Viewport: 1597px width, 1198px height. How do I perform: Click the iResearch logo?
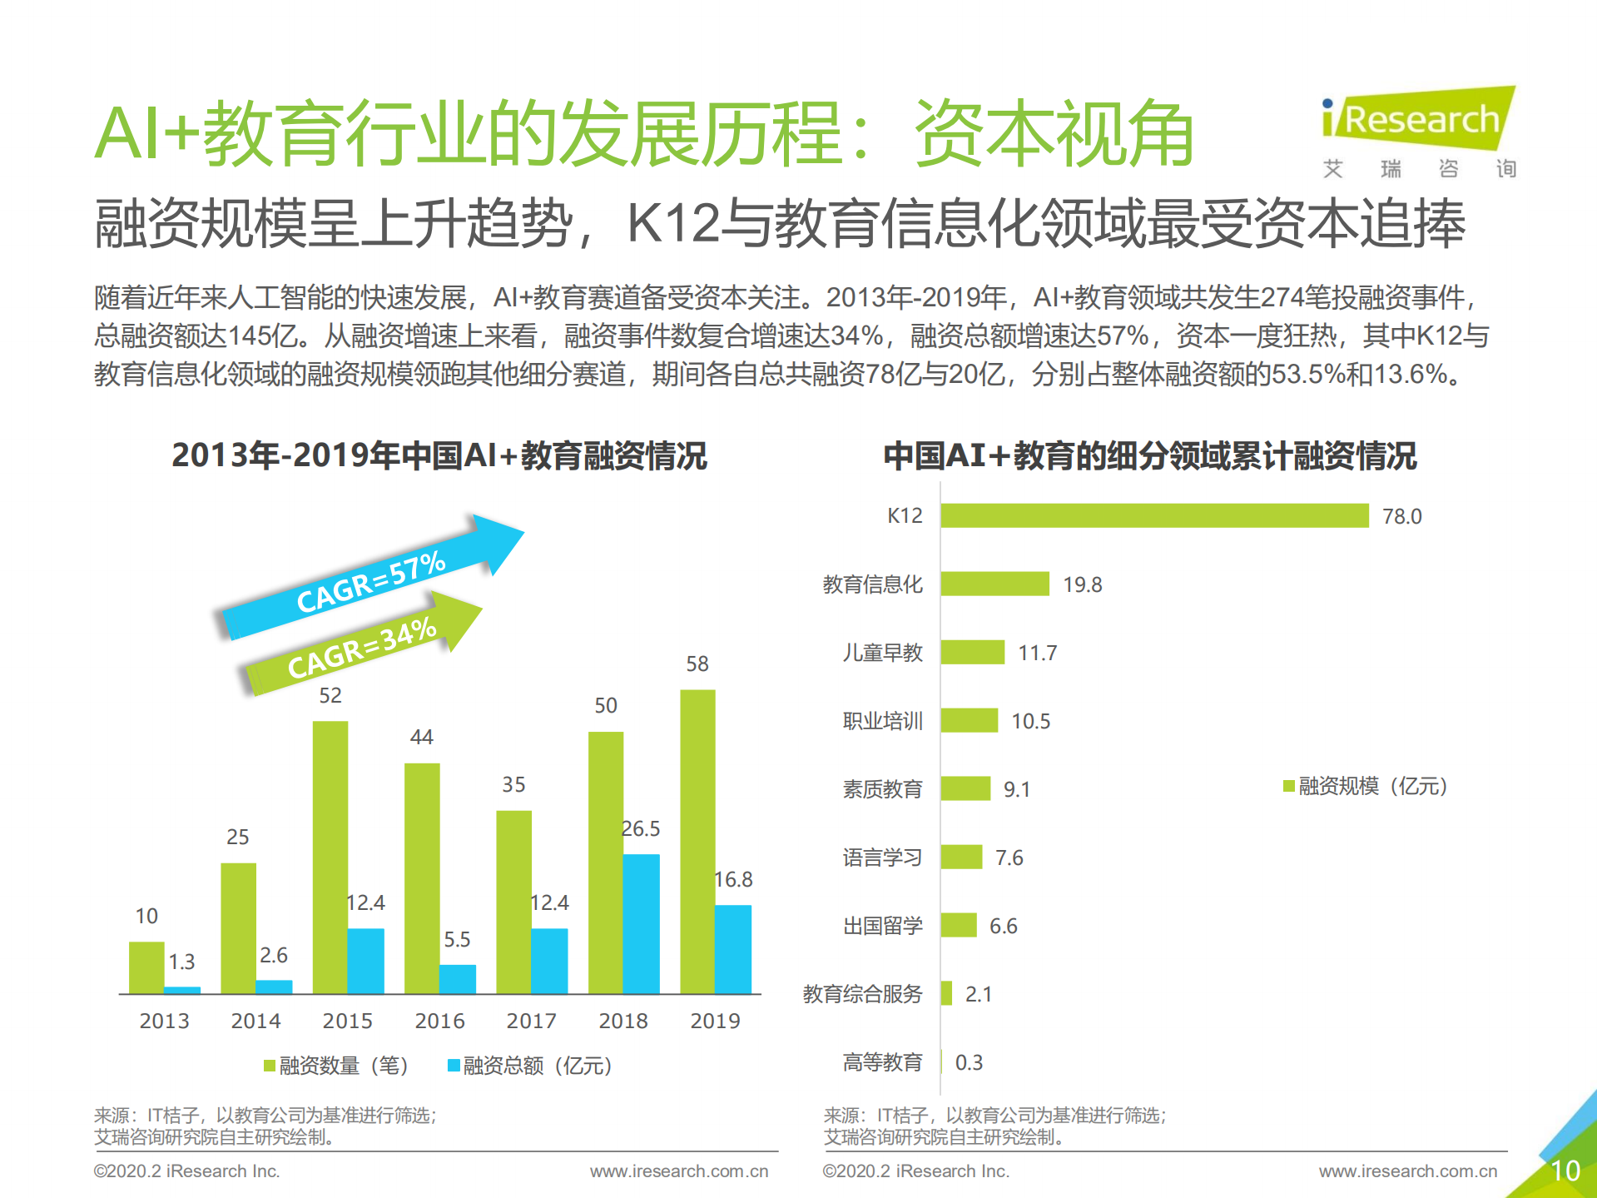(x=1419, y=121)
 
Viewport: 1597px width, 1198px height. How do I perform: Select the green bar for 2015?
(x=330, y=857)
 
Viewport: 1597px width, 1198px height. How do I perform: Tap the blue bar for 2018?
(x=641, y=924)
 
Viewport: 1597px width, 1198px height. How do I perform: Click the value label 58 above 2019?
(x=697, y=664)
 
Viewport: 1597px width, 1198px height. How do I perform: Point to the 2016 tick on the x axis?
(x=439, y=1021)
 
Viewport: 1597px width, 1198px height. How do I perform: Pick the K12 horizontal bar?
(x=1154, y=515)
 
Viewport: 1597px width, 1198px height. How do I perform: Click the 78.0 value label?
(x=1402, y=516)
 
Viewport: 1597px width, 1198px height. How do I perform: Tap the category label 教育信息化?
(x=872, y=584)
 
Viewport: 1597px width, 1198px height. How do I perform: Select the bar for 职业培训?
(x=969, y=720)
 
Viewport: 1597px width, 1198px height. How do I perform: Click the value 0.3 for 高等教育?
(x=969, y=1062)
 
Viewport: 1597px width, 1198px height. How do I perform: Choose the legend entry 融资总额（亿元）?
(x=530, y=1066)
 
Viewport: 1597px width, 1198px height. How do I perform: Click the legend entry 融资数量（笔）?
(x=336, y=1066)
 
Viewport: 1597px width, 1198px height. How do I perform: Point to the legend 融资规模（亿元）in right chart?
(x=1366, y=786)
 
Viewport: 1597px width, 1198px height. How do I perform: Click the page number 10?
(x=1565, y=1171)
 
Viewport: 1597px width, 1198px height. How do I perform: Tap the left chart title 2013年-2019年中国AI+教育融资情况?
(x=439, y=455)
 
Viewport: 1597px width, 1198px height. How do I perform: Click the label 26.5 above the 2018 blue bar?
(x=641, y=828)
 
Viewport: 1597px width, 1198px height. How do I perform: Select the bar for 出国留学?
(x=959, y=925)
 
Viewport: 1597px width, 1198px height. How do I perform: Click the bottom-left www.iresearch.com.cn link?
(x=679, y=1171)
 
